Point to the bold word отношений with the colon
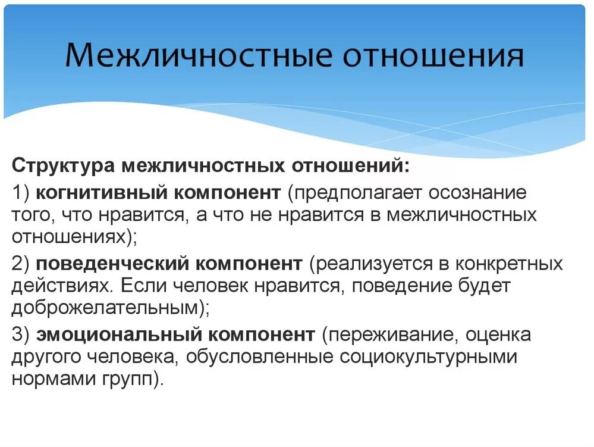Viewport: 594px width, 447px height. pyautogui.click(x=350, y=165)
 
